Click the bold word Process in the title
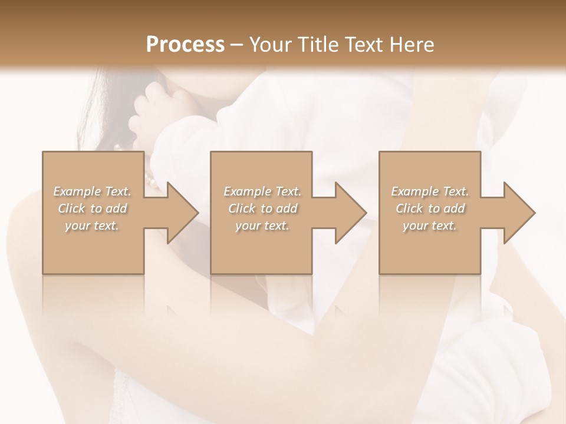pyautogui.click(x=185, y=44)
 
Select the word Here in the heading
pyautogui.click(x=411, y=44)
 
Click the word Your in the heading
pyautogui.click(x=271, y=44)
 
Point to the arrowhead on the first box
pyautogui.click(x=180, y=213)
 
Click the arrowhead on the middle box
pyautogui.click(x=348, y=213)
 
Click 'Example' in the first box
pyautogui.click(x=77, y=191)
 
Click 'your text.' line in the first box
pyautogui.click(x=92, y=226)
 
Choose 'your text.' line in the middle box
pyautogui.click(x=262, y=226)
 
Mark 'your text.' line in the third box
pyautogui.click(x=430, y=226)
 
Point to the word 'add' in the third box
pyautogui.click(x=454, y=208)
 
